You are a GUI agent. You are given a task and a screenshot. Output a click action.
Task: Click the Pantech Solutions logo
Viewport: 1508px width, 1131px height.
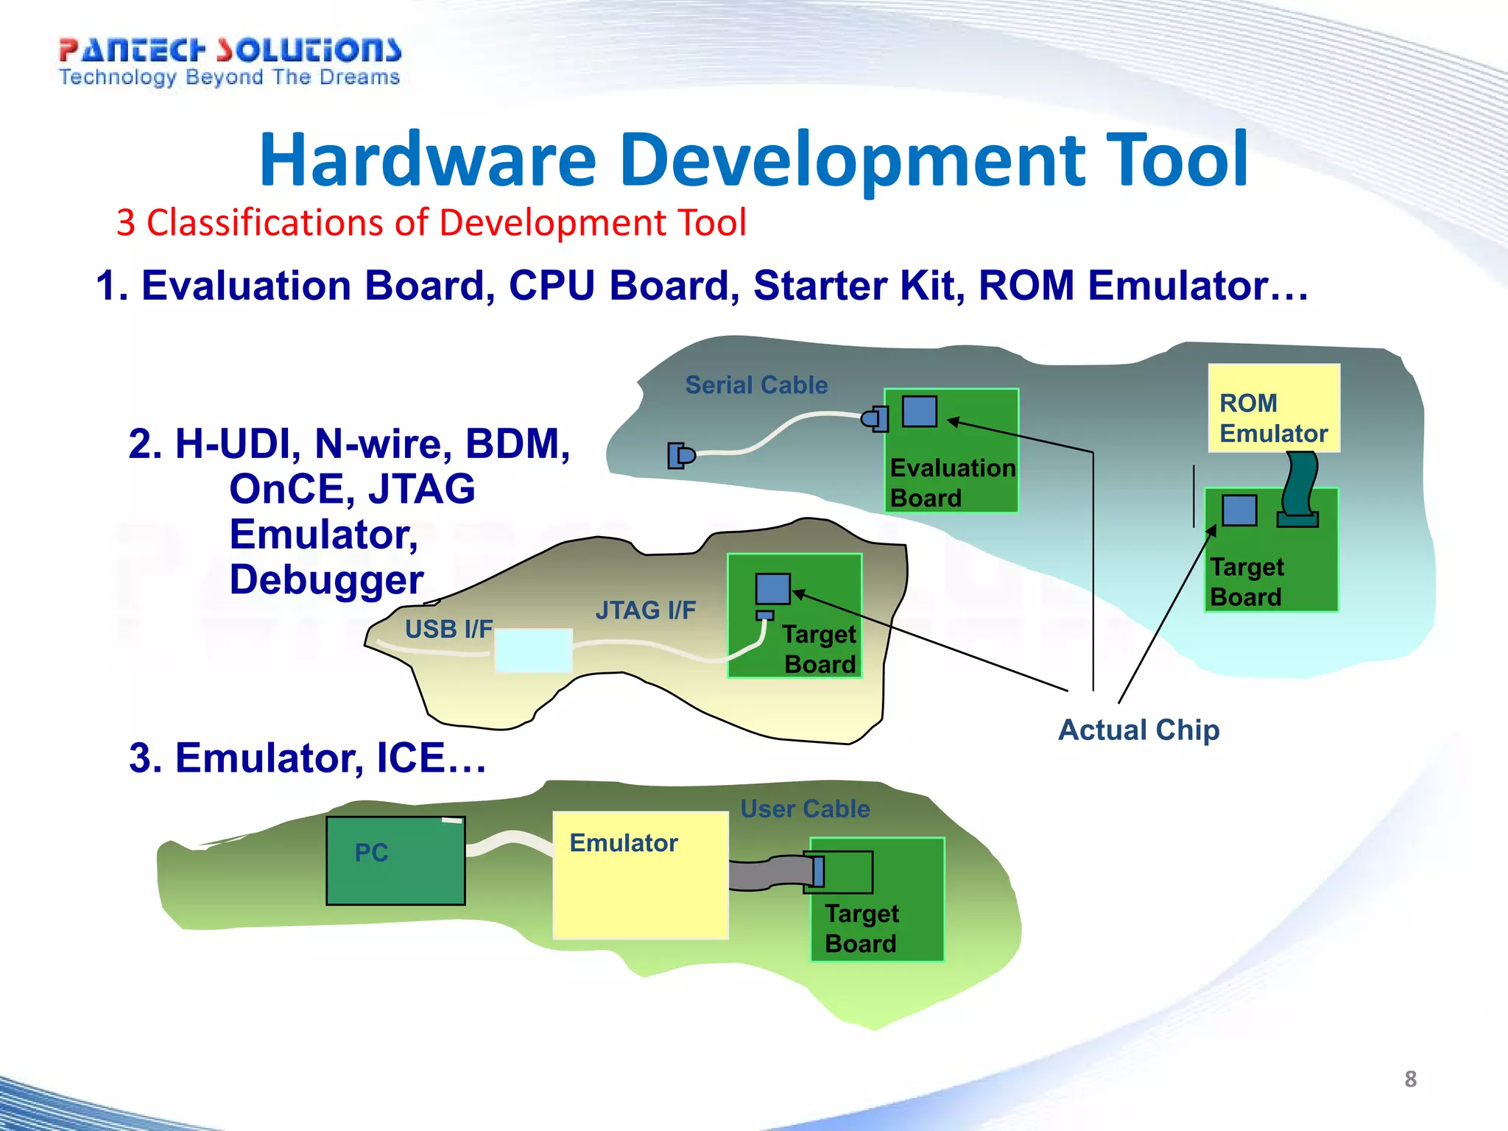tap(230, 62)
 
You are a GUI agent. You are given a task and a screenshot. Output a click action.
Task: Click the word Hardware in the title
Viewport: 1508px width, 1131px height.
tap(427, 160)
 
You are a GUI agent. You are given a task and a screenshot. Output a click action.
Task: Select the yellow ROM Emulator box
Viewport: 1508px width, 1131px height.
tap(1274, 409)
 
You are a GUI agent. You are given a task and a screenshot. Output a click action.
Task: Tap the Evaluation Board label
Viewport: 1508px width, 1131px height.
tap(951, 482)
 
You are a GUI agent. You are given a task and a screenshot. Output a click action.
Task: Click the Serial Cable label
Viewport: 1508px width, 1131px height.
tap(756, 385)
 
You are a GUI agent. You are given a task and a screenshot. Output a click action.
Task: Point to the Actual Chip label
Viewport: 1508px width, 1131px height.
tap(1138, 730)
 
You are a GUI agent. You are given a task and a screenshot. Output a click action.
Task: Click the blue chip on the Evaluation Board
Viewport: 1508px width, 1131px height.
tap(920, 412)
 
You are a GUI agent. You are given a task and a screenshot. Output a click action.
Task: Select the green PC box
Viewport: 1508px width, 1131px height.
tap(395, 861)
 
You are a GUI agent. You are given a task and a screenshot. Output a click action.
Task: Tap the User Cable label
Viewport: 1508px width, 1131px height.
tap(805, 808)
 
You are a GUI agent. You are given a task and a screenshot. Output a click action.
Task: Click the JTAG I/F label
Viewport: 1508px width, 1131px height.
tap(645, 610)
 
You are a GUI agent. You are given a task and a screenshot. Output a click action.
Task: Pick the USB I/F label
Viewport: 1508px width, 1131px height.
tap(448, 630)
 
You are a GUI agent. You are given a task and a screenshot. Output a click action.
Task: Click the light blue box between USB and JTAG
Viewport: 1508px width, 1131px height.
tap(533, 650)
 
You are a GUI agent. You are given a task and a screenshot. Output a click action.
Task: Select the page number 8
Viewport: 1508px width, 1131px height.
tap(1410, 1079)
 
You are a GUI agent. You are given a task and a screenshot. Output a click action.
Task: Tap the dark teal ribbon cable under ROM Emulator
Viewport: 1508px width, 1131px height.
tap(1300, 486)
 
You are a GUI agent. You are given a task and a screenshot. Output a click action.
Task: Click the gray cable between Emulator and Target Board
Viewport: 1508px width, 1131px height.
tap(766, 873)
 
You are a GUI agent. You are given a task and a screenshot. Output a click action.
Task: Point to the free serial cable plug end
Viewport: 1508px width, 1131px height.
tap(680, 456)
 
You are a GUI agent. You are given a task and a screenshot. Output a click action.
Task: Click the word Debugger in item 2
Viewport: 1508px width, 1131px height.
tap(326, 580)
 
